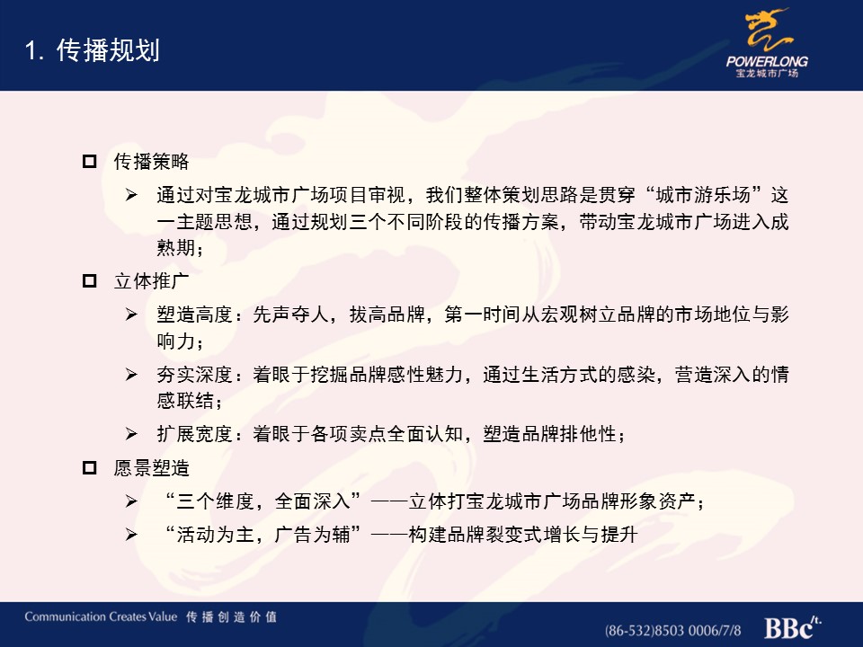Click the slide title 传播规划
(108, 50)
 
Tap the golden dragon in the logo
(768, 30)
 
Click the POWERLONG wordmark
(767, 61)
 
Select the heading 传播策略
(151, 161)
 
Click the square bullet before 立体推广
(89, 281)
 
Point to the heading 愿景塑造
(151, 468)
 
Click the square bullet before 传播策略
(89, 161)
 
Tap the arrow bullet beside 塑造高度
(131, 315)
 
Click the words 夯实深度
(194, 375)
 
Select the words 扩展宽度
(194, 434)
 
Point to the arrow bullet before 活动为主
(131, 534)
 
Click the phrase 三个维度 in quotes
(215, 501)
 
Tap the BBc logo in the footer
(793, 627)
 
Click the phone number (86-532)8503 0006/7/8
(672, 631)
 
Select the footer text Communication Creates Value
(101, 616)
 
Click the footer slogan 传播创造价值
(231, 616)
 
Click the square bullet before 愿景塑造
(89, 468)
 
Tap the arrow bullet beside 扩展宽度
(131, 434)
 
